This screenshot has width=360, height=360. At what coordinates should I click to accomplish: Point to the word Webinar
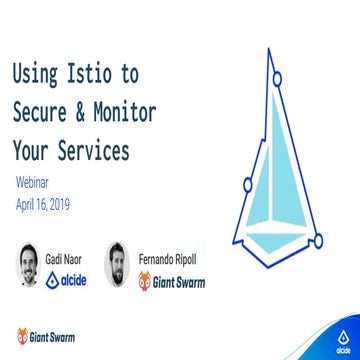pyautogui.click(x=37, y=184)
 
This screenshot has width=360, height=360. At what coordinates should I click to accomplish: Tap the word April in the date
pyautogui.click(x=28, y=202)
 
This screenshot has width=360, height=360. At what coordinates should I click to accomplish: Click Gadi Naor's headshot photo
pyautogui.click(x=27, y=264)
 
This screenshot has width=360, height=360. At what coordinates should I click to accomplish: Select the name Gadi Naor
pyautogui.click(x=65, y=257)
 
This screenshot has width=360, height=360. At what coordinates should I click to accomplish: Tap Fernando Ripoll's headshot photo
pyautogui.click(x=118, y=264)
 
